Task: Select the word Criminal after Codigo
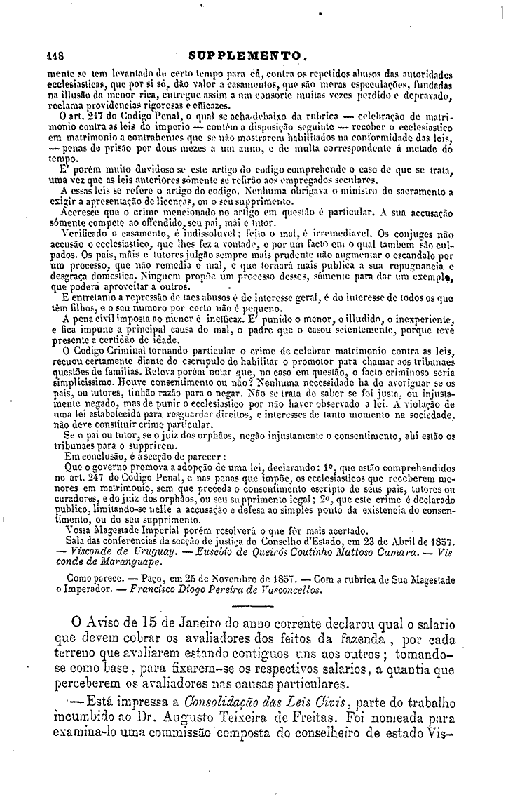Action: tap(130, 350)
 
